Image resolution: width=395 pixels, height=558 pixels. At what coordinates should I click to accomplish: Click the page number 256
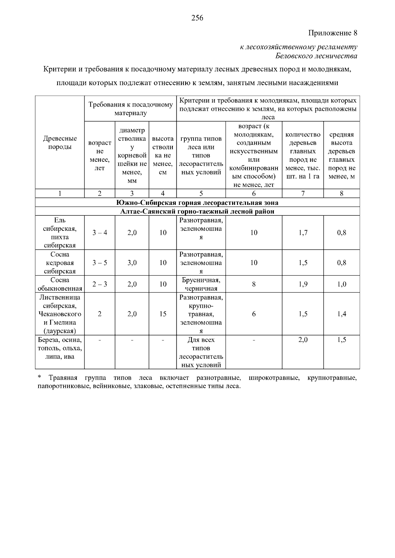[197, 18]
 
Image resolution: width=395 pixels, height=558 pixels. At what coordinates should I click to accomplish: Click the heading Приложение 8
[332, 33]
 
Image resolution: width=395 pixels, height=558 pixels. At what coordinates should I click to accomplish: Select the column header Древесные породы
[60, 143]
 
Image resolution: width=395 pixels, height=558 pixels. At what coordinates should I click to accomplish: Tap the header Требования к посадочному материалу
[130, 109]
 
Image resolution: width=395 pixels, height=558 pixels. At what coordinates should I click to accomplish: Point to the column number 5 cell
[201, 194]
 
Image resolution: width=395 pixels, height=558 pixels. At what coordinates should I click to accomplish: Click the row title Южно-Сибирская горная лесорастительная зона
[197, 203]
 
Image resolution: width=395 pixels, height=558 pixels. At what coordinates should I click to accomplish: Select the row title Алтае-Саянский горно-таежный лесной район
[197, 211]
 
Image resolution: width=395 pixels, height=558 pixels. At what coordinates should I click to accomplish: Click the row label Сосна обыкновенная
[60, 284]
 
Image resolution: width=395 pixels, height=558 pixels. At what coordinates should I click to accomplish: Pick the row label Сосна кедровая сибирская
[60, 263]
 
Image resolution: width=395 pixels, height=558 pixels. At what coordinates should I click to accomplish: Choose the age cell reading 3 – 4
[99, 233]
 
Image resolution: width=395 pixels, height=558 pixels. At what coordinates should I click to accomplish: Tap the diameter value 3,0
[132, 263]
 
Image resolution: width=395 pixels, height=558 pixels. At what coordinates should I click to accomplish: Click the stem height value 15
[163, 314]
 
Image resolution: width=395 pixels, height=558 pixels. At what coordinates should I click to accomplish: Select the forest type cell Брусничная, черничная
[201, 284]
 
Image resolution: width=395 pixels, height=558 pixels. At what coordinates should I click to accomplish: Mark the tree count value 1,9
[303, 284]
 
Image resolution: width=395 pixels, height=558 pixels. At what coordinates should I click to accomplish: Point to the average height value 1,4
[342, 314]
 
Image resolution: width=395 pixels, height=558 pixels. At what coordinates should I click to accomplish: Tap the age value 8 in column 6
[254, 284]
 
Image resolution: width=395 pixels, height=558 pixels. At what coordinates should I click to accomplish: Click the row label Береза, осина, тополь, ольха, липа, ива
[60, 348]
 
